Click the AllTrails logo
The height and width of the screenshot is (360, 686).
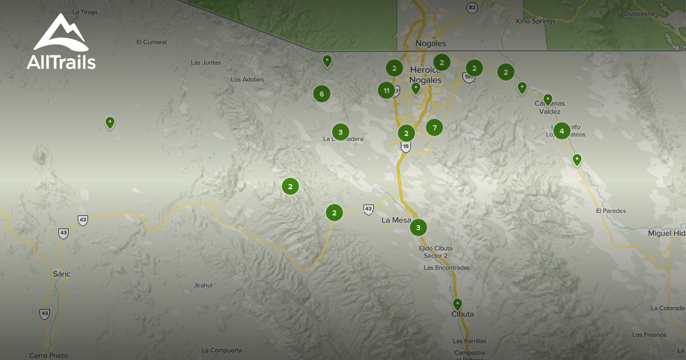tap(61, 42)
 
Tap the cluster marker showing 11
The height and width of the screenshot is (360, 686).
tap(386, 90)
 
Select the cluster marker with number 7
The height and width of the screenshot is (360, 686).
tap(434, 127)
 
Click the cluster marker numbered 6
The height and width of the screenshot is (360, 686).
tap(322, 94)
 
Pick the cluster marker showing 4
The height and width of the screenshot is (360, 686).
tap(561, 131)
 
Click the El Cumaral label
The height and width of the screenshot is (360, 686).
tap(151, 42)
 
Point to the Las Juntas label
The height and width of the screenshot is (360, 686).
tap(205, 62)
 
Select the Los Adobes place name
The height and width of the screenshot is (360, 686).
tap(247, 79)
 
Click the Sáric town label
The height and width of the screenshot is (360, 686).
tap(61, 274)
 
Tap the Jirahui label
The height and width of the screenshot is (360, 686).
tap(203, 285)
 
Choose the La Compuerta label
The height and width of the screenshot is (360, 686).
tap(222, 350)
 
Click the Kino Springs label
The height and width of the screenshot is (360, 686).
tap(535, 21)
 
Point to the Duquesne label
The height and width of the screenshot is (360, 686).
tap(639, 13)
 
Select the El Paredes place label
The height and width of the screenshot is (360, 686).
tap(611, 211)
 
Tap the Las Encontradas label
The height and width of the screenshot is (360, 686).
tap(446, 267)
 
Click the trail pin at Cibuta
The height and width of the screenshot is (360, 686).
tap(457, 304)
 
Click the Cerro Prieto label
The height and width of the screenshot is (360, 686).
tap(49, 355)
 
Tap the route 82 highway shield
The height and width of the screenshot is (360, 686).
tap(471, 7)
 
